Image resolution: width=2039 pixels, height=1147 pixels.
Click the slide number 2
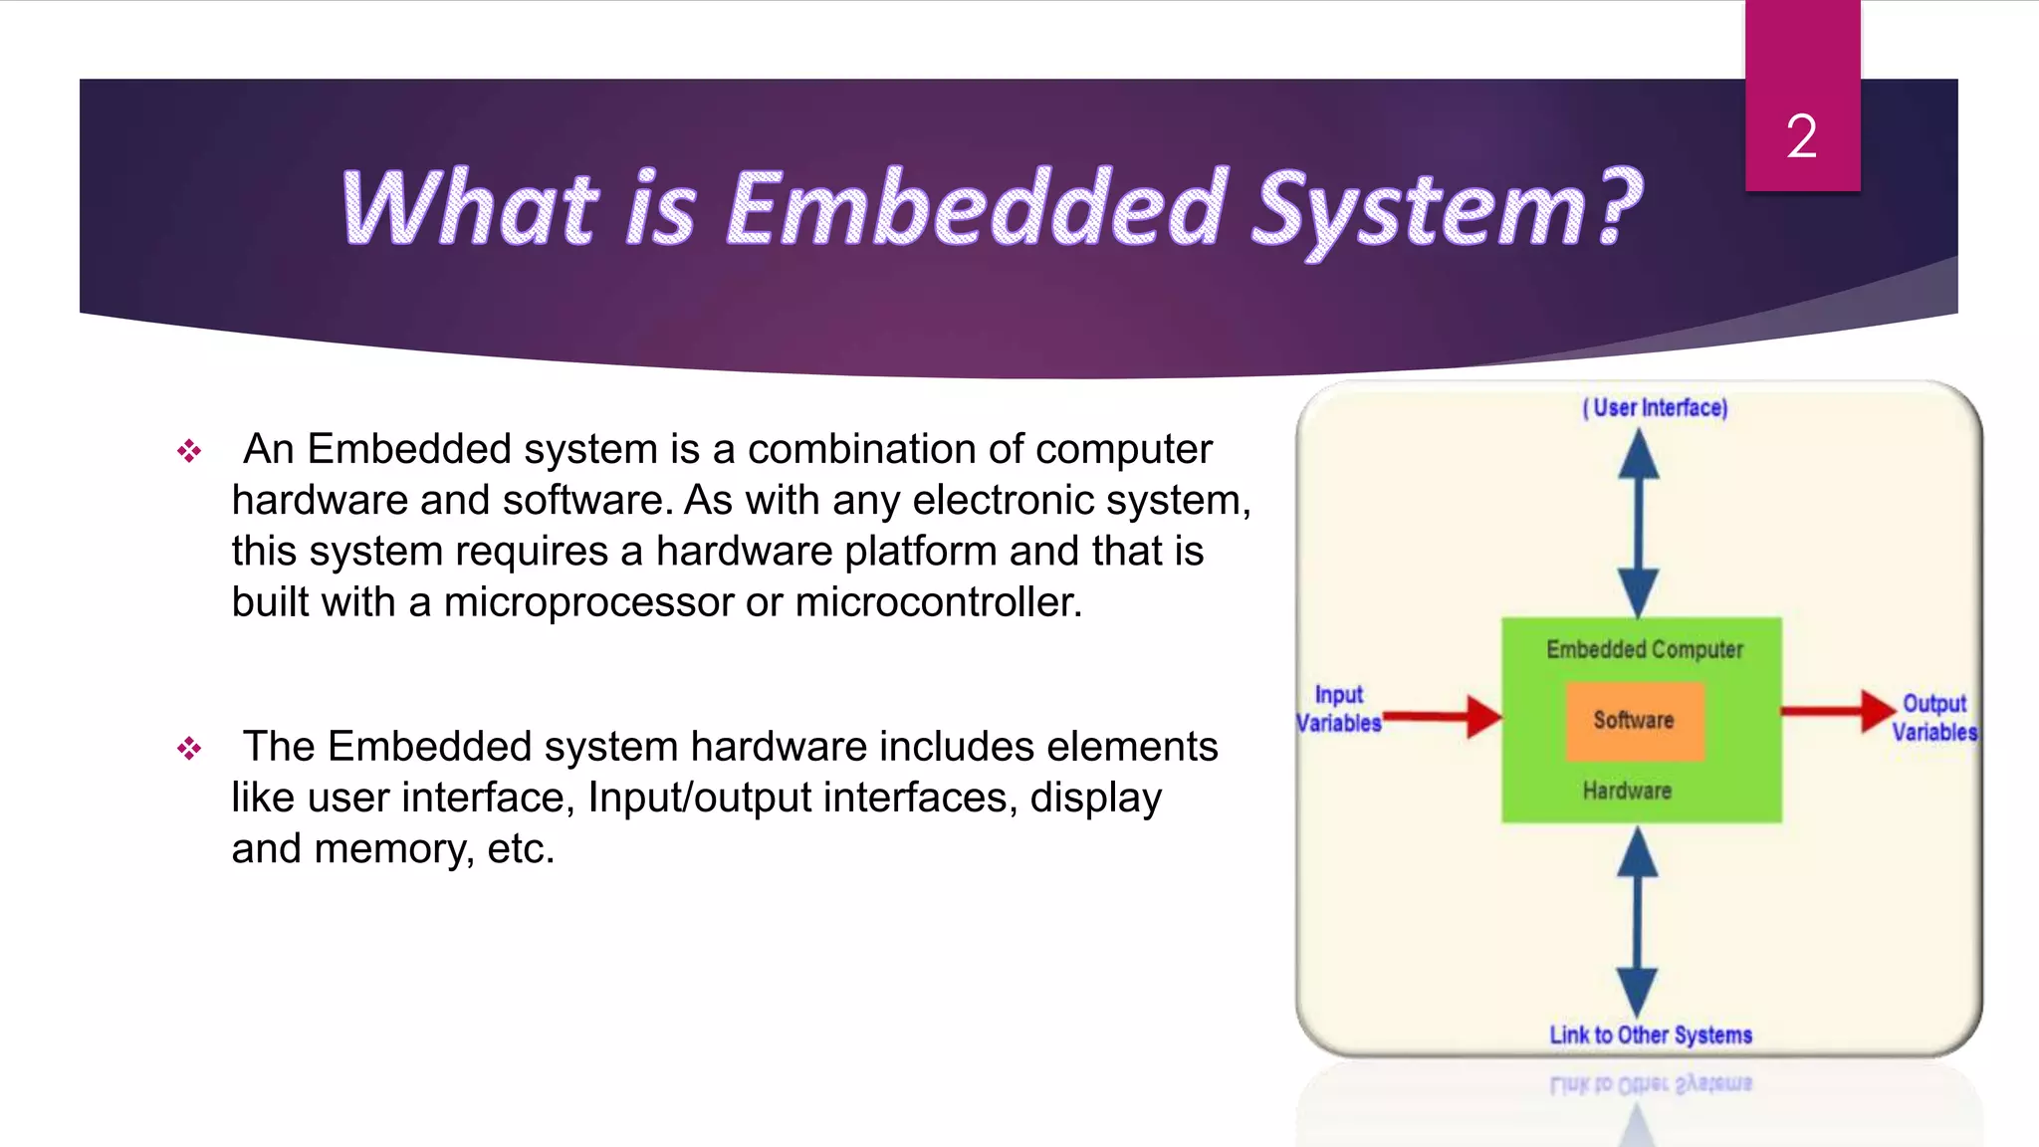[1801, 136]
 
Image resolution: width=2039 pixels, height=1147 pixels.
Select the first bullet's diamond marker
[189, 451]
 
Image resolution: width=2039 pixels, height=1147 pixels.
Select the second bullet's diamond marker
[189, 748]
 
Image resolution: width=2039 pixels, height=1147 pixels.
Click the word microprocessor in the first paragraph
[587, 602]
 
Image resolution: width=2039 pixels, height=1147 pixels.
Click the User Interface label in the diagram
[1655, 408]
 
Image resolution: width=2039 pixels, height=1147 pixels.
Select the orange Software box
[1634, 721]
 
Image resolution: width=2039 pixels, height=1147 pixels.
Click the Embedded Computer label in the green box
[1644, 650]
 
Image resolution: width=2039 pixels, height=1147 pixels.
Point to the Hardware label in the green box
[1627, 792]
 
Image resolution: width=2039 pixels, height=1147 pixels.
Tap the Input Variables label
[1338, 709]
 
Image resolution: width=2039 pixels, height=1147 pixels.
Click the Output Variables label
[1933, 718]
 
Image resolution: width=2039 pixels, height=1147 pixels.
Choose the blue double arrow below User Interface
[1638, 523]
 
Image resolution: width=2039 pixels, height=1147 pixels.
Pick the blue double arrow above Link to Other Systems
[1637, 922]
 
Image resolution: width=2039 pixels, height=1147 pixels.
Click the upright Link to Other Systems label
[1650, 1035]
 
